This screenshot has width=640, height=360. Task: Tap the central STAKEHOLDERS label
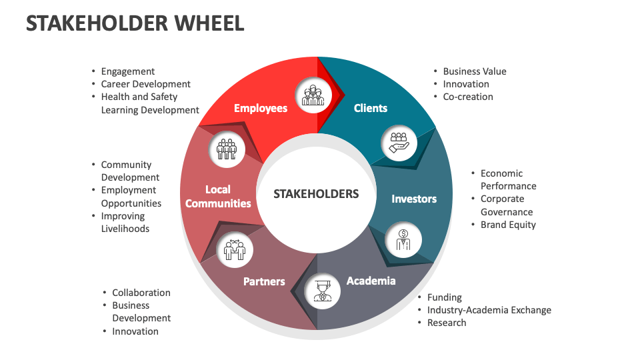click(x=316, y=194)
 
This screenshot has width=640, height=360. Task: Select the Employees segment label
click(x=260, y=108)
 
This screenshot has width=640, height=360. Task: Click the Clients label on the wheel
click(x=371, y=108)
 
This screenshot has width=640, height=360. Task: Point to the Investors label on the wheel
click(x=414, y=199)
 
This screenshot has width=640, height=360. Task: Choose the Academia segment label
click(x=371, y=281)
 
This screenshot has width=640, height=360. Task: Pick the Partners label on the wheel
click(x=264, y=281)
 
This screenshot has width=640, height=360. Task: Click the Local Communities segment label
click(x=218, y=197)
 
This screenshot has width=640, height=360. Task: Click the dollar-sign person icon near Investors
click(x=403, y=239)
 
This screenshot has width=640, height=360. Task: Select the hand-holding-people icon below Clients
click(x=399, y=142)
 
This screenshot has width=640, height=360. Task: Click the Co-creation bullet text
click(x=468, y=97)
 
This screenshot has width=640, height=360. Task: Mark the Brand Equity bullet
click(x=508, y=225)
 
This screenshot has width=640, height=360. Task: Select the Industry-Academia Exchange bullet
click(x=489, y=310)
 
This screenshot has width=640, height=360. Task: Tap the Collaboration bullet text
click(x=141, y=293)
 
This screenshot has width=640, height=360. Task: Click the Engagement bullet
click(x=128, y=71)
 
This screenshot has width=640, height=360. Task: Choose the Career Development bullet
click(x=146, y=84)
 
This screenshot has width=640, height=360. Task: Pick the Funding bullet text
click(x=445, y=297)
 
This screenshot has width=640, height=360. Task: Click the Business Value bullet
click(x=475, y=71)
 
